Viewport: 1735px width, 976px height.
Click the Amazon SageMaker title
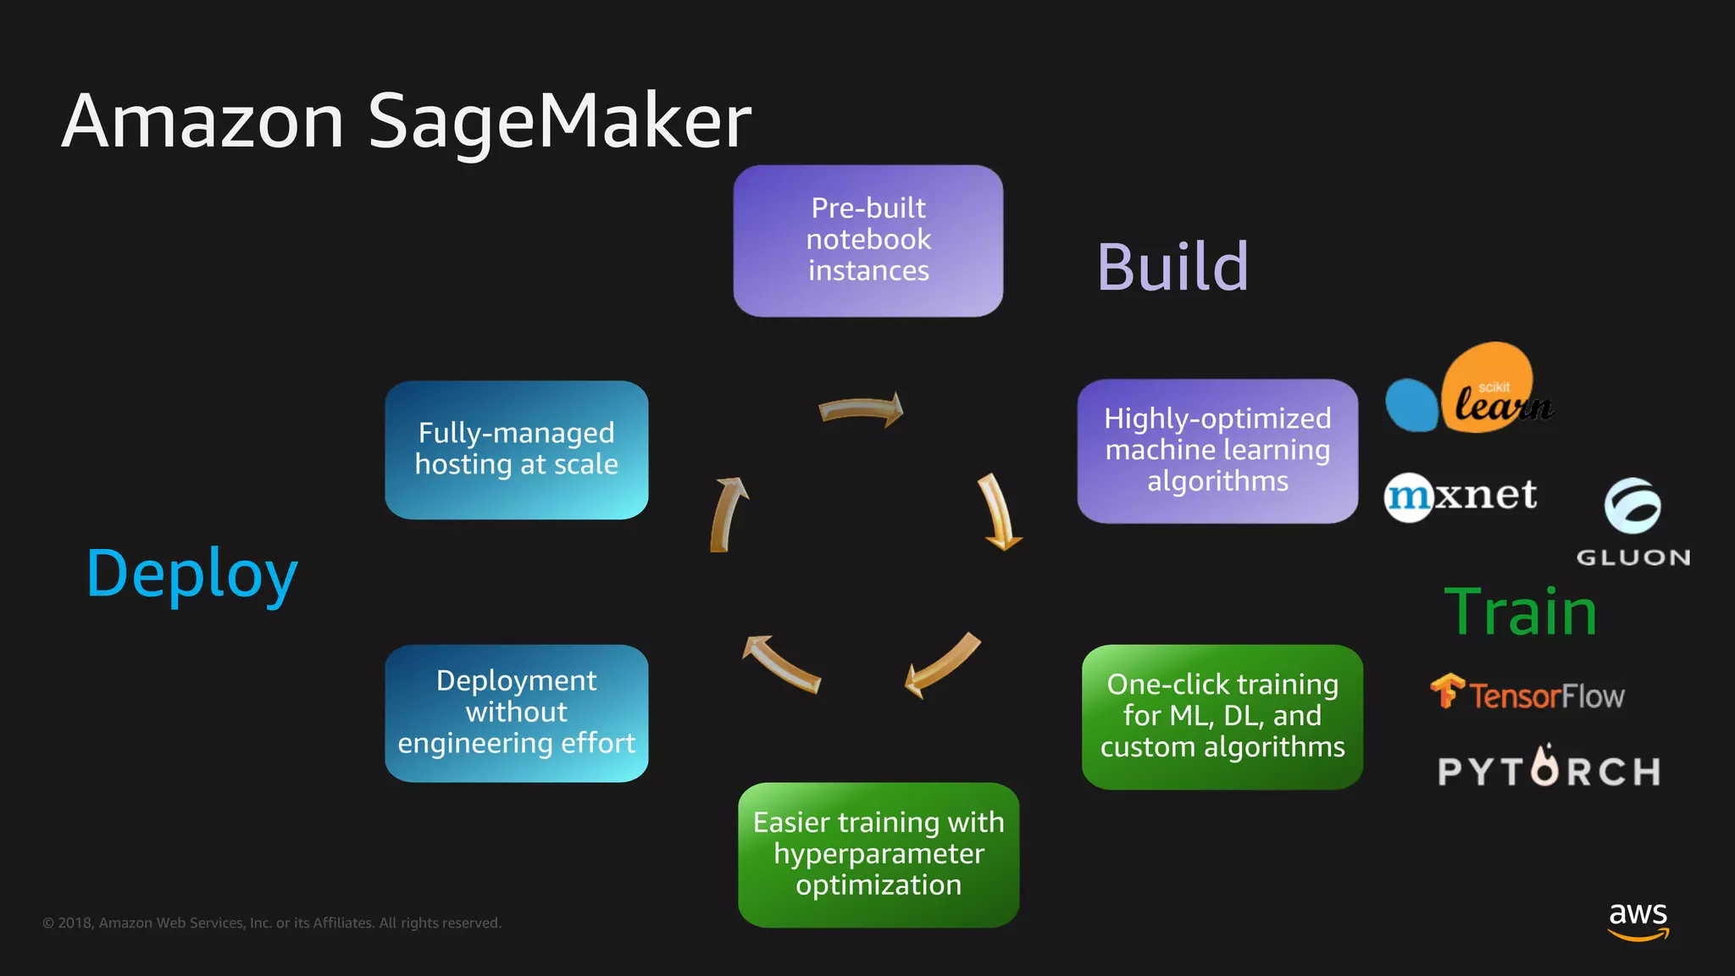click(x=406, y=121)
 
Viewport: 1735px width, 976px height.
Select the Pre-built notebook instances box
click(x=867, y=241)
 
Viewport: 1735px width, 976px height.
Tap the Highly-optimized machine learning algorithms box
click(x=1217, y=451)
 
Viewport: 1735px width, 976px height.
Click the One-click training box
click(x=1222, y=717)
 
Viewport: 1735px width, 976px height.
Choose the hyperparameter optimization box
click(x=879, y=854)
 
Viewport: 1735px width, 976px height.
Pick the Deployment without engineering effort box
click(x=516, y=713)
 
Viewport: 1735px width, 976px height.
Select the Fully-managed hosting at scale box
click(x=516, y=449)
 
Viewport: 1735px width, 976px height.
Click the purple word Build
click(x=1172, y=267)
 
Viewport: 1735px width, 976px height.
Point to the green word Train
click(x=1521, y=612)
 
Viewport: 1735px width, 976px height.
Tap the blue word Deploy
click(x=192, y=574)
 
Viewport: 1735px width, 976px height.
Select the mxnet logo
click(x=1461, y=496)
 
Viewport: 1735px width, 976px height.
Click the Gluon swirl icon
click(x=1632, y=506)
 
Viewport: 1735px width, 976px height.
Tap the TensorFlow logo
click(x=1527, y=694)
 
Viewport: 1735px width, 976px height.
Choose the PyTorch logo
click(x=1549, y=769)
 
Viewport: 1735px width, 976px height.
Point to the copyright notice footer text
click(x=272, y=923)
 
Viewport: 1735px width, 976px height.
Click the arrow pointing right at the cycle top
click(x=861, y=410)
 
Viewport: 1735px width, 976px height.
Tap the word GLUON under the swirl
click(x=1633, y=557)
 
